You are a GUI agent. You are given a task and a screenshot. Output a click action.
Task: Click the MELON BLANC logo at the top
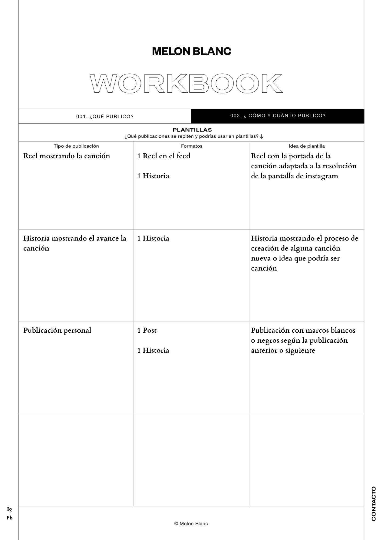coord(192,51)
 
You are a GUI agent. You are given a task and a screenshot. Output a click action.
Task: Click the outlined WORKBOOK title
coord(186,83)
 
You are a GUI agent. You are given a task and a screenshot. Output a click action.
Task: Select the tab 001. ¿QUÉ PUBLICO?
coord(105,116)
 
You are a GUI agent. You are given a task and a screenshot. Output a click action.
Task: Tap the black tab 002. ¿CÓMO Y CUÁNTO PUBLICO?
coord(278,116)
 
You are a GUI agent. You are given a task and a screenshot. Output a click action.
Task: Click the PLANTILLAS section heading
coord(192,130)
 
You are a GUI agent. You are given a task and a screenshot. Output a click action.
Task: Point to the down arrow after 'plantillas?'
coord(262,137)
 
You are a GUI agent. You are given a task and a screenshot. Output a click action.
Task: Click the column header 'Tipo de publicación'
coord(76,146)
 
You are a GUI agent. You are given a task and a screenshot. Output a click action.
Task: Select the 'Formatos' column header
coord(192,146)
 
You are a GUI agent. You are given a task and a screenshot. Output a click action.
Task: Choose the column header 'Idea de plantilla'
coord(307,146)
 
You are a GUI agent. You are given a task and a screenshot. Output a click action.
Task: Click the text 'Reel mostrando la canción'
coord(67,156)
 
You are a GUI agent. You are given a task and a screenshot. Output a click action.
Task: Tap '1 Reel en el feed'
coord(164,156)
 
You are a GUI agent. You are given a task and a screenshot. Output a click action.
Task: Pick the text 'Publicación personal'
coord(57,330)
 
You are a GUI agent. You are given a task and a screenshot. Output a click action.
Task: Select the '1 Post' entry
coord(147,330)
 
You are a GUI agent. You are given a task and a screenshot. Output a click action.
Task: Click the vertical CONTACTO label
coord(374,504)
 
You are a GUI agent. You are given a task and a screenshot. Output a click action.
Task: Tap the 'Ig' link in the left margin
coord(9,509)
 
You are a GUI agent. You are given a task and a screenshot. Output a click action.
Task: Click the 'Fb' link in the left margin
coord(9,518)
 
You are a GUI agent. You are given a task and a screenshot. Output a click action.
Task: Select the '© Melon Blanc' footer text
coord(191,524)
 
